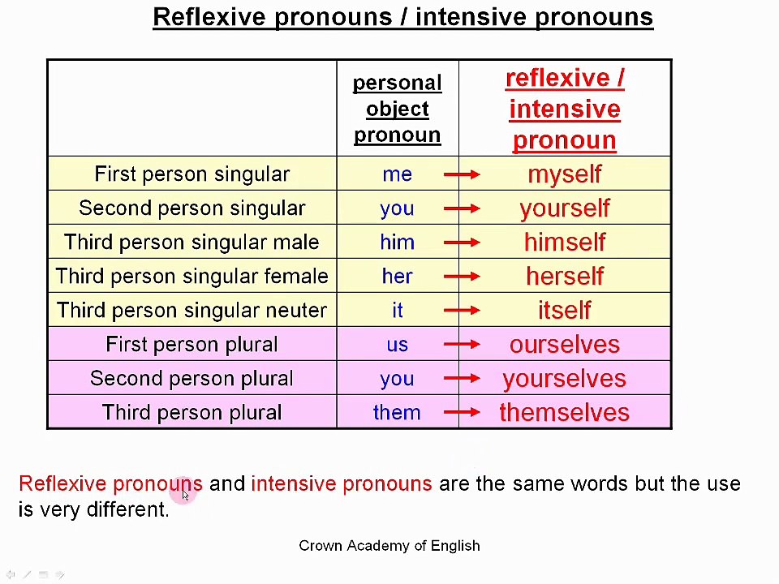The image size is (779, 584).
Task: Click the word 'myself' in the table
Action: pos(564,174)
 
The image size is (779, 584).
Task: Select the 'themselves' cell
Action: pos(564,413)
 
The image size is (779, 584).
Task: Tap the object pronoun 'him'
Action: pos(397,243)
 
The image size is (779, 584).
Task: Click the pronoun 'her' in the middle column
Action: pos(397,277)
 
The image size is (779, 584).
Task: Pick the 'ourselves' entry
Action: pos(564,345)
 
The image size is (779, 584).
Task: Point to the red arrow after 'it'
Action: pos(462,311)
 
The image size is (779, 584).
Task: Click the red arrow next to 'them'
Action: pos(462,413)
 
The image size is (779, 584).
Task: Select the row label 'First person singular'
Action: pos(192,174)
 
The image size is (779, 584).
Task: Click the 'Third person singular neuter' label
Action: pos(192,311)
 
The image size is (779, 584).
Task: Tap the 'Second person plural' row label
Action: pos(192,379)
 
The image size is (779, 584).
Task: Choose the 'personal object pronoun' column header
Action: pos(397,109)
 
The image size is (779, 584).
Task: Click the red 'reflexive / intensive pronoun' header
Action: pos(564,109)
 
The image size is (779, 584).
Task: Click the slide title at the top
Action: pos(402,17)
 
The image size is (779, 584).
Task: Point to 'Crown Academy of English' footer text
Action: pos(389,546)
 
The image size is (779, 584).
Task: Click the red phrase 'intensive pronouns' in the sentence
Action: pos(341,484)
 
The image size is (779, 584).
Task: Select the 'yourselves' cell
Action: pos(564,379)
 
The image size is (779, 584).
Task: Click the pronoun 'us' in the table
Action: pos(397,345)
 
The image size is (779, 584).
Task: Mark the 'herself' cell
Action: pos(564,277)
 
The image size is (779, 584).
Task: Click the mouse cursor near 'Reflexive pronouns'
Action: pos(185,496)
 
